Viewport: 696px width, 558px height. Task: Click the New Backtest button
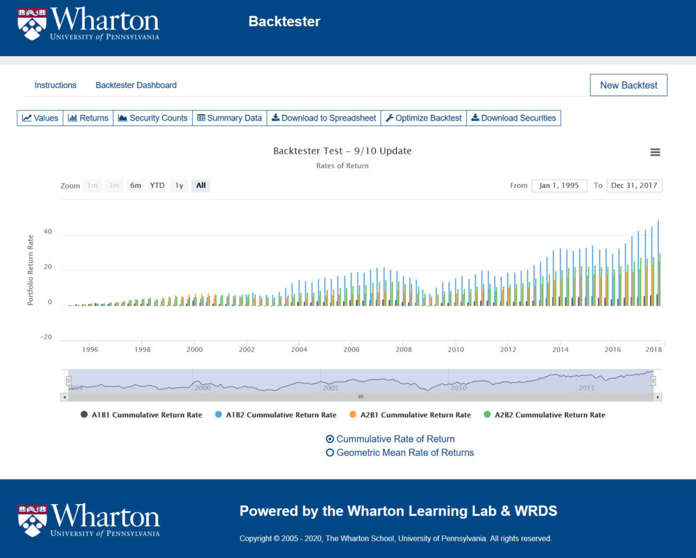pos(629,85)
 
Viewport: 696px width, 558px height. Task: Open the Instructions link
pos(55,85)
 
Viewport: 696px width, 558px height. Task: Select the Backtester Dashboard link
pos(136,85)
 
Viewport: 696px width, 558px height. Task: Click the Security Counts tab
pos(153,118)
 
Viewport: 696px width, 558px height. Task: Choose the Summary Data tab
pos(229,118)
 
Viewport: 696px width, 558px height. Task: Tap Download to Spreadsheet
pos(323,118)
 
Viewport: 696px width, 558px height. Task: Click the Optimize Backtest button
pos(424,118)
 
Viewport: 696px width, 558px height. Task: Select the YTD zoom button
pos(157,186)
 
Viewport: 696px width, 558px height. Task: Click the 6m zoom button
pos(136,186)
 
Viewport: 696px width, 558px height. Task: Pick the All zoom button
pos(201,186)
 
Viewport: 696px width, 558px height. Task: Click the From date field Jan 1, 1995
pos(559,186)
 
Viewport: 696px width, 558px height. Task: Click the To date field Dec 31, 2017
pos(634,186)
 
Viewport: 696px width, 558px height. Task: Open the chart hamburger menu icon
pos(655,153)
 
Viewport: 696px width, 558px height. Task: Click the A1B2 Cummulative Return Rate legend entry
pos(276,415)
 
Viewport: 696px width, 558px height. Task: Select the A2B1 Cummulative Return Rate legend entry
pos(410,415)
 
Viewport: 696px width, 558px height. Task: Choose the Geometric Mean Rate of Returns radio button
pos(330,452)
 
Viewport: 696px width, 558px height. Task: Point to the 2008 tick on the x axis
pos(403,350)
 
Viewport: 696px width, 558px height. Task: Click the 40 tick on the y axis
pos(48,232)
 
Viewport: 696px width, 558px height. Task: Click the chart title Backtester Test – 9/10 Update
pos(342,151)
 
